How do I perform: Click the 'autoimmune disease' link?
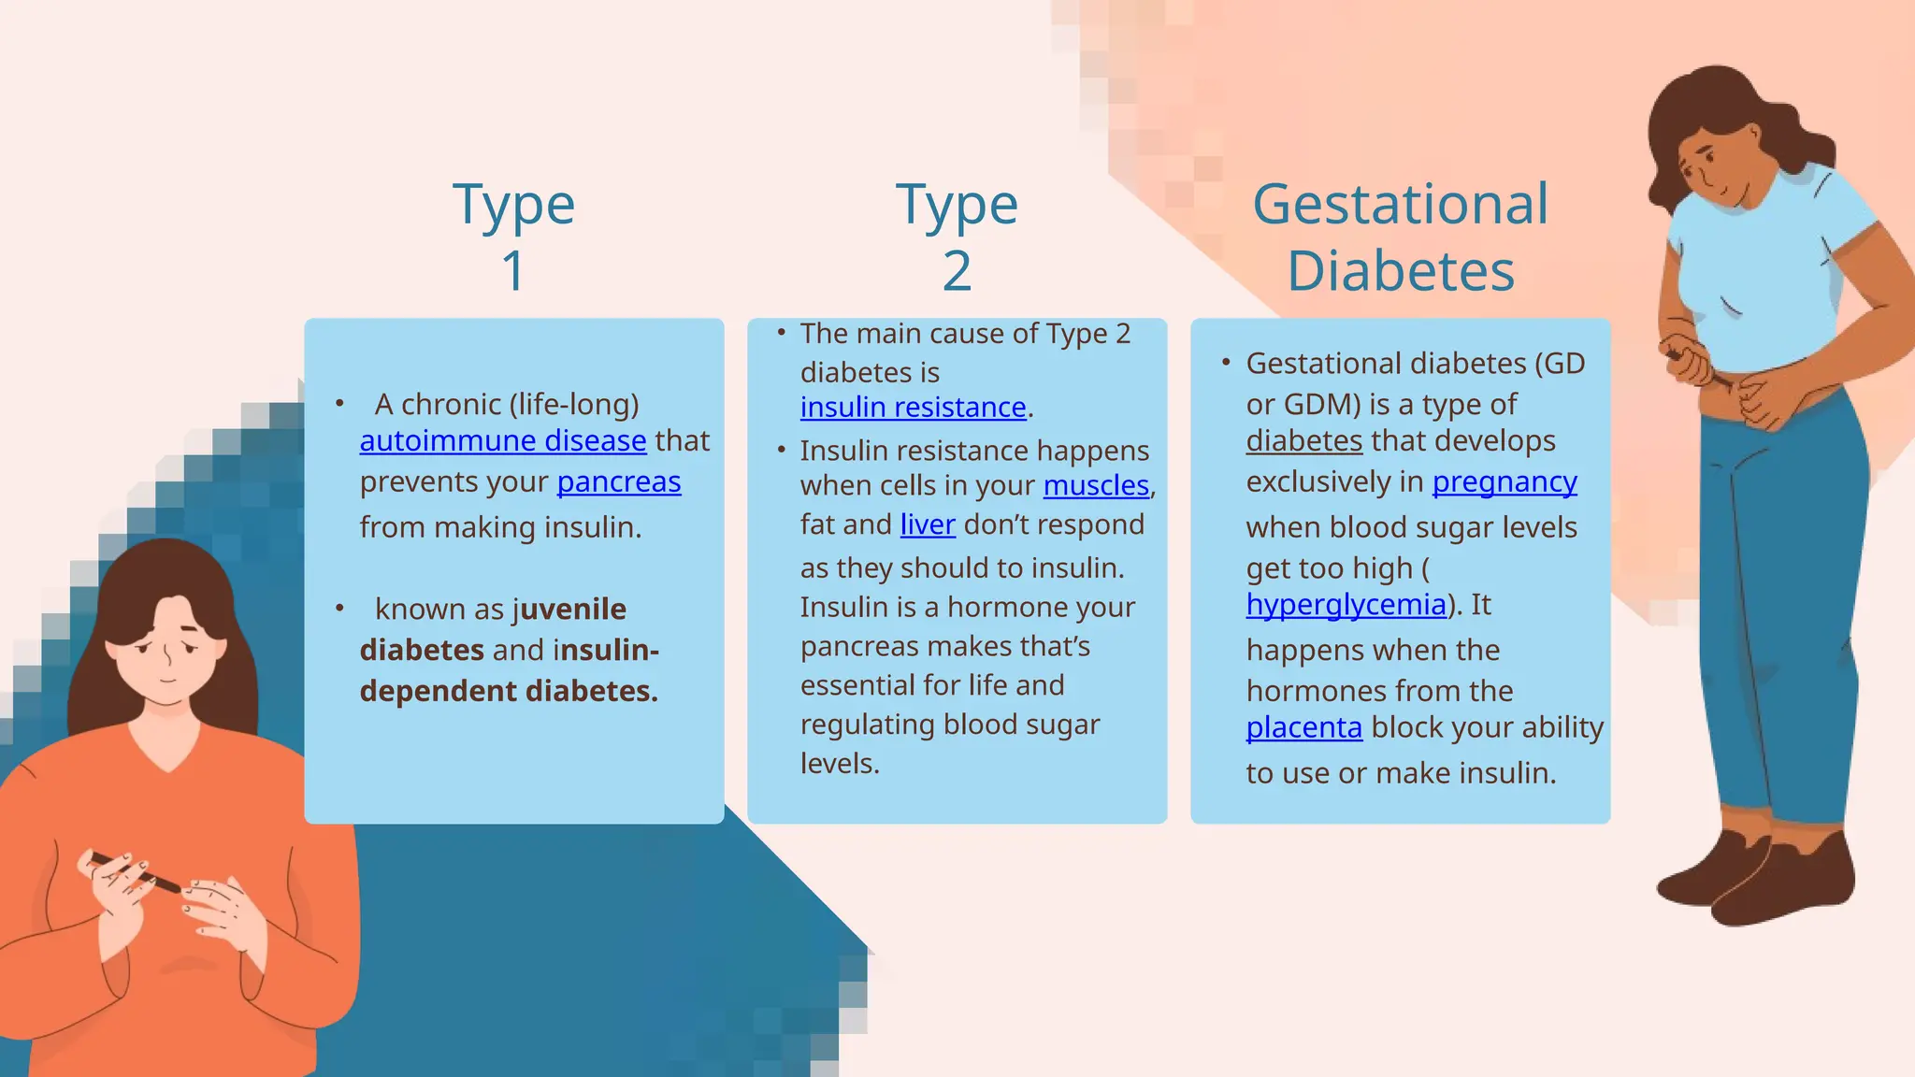502,440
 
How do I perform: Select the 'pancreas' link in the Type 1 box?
618,481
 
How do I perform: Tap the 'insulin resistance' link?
913,408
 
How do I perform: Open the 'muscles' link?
1096,485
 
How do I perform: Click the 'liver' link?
927,524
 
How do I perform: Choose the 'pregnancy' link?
1504,481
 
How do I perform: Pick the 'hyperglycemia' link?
1346,605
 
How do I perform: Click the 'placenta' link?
1303,727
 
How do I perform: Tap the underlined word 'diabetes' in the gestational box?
1303,440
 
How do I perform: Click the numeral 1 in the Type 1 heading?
513,271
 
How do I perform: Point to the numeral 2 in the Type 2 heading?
957,271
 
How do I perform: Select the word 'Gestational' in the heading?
1400,204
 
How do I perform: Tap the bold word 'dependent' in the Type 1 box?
438,691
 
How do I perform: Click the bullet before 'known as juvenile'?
339,609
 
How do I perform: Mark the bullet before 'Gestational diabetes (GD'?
1226,362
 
